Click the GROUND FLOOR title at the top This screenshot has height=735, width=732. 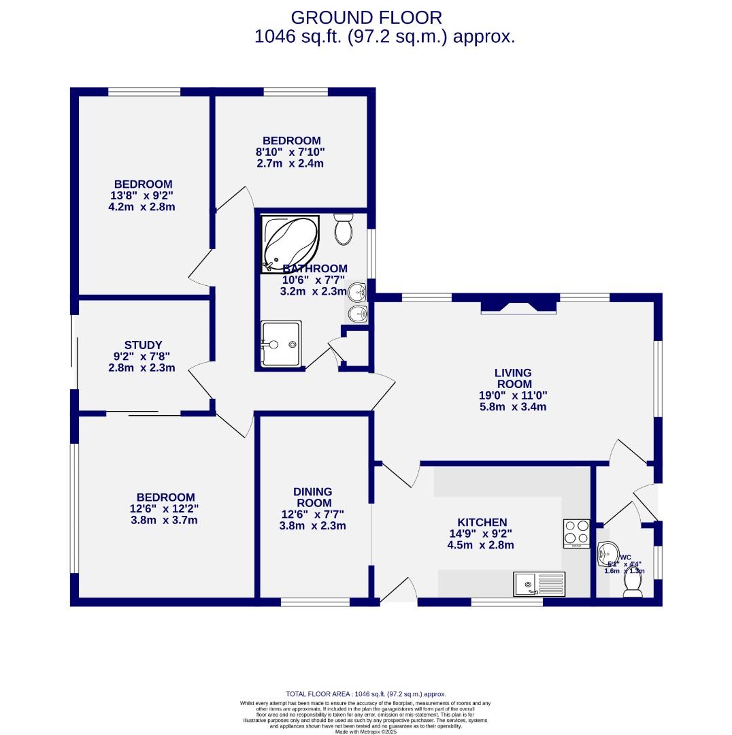pos(366,17)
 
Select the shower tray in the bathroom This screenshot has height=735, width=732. pos(280,344)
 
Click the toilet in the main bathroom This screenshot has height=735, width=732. pos(344,230)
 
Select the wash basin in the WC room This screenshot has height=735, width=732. pos(607,554)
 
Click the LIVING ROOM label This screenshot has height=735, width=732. pos(513,378)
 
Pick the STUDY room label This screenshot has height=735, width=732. pos(143,345)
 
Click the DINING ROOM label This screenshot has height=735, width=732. pos(312,497)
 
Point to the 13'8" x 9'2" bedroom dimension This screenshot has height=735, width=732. pos(142,195)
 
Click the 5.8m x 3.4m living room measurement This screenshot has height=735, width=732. pos(513,407)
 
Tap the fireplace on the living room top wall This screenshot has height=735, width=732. pos(518,308)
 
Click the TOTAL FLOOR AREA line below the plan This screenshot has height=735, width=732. pos(365,693)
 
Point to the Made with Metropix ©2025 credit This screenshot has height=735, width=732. pos(365,732)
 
